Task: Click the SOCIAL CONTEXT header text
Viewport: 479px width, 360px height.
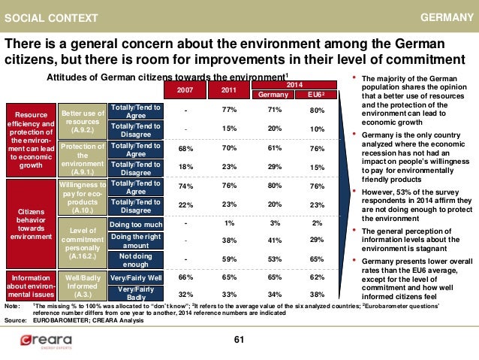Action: click(x=44, y=17)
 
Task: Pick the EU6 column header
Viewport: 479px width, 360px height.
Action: click(x=318, y=95)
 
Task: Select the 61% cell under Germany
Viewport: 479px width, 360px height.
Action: click(x=274, y=148)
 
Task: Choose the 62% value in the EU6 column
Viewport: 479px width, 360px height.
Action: click(x=318, y=277)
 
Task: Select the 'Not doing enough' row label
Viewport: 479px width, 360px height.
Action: click(x=136, y=259)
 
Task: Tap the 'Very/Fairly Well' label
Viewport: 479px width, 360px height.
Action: click(x=136, y=277)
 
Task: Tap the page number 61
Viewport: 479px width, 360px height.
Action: click(x=239, y=342)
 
